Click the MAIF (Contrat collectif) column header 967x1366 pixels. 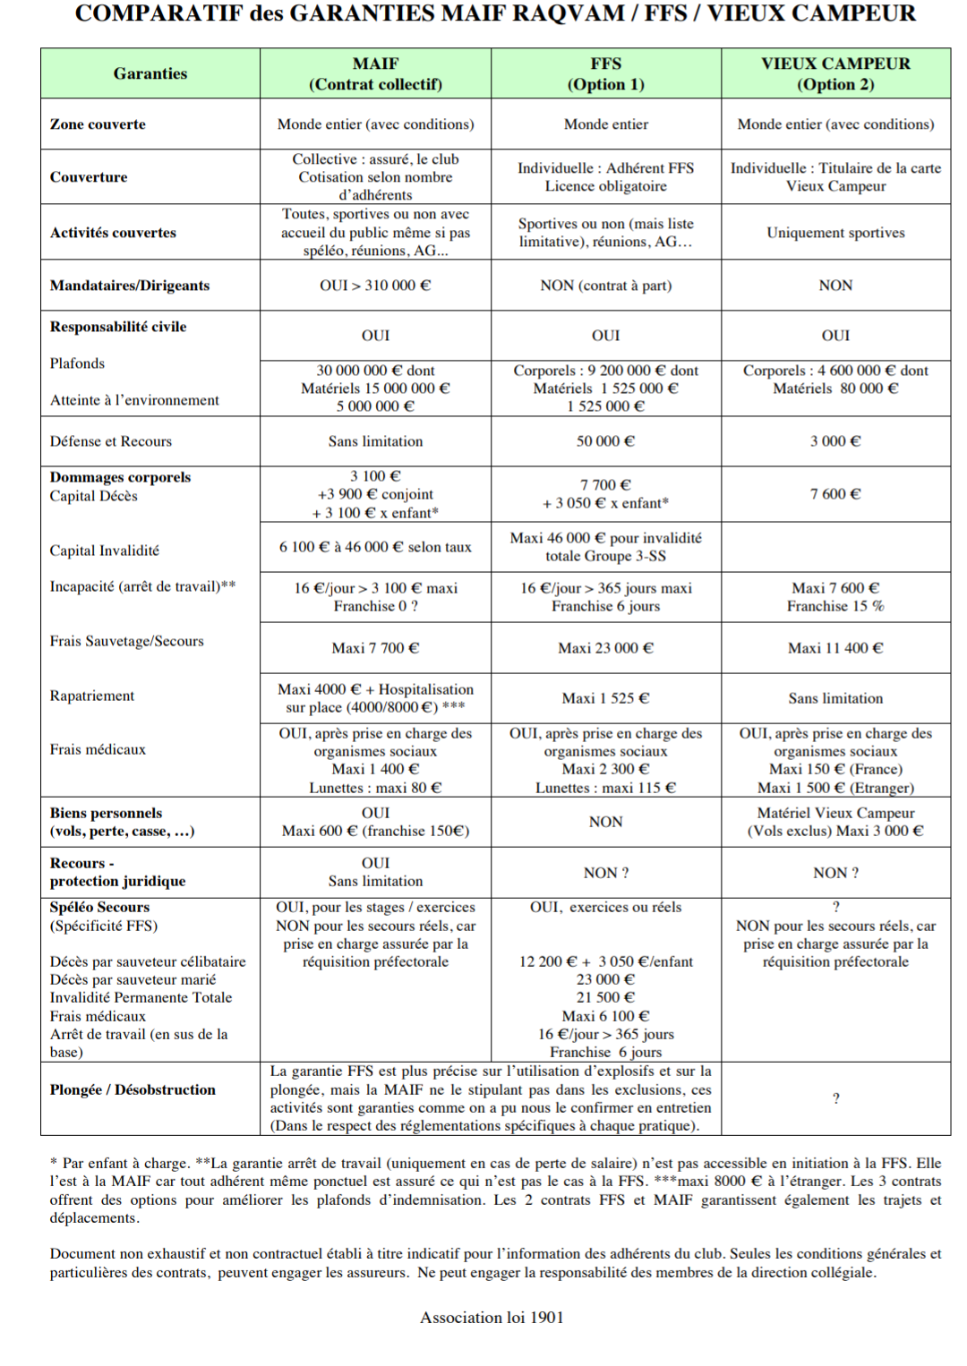click(375, 73)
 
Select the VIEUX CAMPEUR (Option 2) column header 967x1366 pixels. click(835, 73)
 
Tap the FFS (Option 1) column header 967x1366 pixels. click(605, 73)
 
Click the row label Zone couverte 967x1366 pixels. click(98, 124)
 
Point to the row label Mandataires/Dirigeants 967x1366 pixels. click(130, 286)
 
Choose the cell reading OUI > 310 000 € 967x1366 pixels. click(375, 286)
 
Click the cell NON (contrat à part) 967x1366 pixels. click(605, 286)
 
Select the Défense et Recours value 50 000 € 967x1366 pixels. click(605, 441)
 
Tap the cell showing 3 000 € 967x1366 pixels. click(835, 441)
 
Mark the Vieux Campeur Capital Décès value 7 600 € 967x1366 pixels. click(835, 494)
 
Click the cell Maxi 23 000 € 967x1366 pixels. click(605, 648)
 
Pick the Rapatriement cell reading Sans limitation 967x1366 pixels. click(835, 698)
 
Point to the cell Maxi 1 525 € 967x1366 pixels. click(605, 698)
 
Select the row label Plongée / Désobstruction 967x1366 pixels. click(133, 1090)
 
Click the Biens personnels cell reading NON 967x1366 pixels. click(605, 822)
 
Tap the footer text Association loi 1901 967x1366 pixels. click(492, 1318)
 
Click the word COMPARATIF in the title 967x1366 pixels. click(157, 14)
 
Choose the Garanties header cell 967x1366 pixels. click(150, 73)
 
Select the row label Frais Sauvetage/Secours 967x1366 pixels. click(126, 641)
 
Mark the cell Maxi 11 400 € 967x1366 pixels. click(835, 648)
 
